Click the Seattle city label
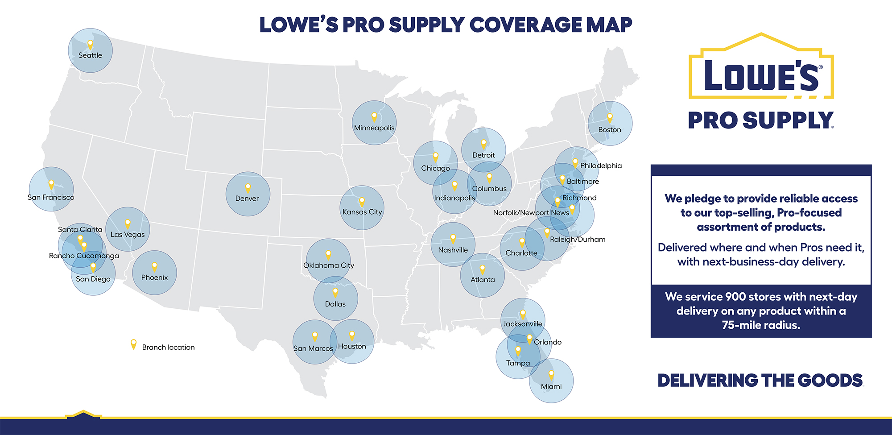[90, 55]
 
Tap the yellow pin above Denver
[248, 187]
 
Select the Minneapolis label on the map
[374, 128]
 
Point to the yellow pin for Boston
[610, 117]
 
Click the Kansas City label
[362, 212]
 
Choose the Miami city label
[551, 386]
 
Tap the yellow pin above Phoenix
[154, 266]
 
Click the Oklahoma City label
[329, 265]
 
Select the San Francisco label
[51, 197]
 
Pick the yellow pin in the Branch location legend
[133, 344]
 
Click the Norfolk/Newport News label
[531, 213]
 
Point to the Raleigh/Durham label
[578, 240]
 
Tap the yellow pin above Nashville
[453, 238]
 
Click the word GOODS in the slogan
[830, 381]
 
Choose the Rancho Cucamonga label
[84, 256]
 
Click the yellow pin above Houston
[352, 335]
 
